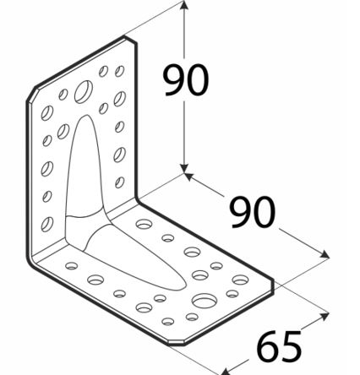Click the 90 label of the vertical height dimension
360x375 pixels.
(x=186, y=80)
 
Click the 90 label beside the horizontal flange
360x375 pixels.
(x=253, y=212)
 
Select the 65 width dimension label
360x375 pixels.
(x=279, y=346)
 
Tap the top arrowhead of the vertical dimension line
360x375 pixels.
(x=184, y=6)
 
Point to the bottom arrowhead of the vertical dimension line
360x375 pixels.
(x=184, y=168)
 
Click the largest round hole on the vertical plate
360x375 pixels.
(x=84, y=91)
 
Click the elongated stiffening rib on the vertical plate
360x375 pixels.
(x=85, y=169)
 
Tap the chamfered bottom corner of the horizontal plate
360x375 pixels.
(x=176, y=343)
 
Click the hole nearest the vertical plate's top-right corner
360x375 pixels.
(x=120, y=71)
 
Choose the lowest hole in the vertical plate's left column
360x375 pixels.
(x=47, y=224)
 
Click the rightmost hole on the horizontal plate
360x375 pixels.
(x=240, y=280)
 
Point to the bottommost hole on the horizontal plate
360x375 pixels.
(x=168, y=321)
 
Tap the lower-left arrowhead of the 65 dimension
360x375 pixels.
(x=226, y=371)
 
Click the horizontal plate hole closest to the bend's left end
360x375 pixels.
(x=72, y=265)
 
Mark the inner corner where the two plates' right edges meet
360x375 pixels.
(x=137, y=200)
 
